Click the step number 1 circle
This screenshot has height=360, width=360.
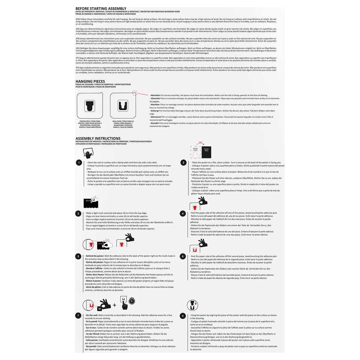coord(79,163)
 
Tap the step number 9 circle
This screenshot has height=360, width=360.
coord(183,316)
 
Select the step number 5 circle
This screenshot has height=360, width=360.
coord(78,256)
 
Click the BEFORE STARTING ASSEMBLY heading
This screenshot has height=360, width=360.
coord(101,9)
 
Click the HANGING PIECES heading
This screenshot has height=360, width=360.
coord(90,81)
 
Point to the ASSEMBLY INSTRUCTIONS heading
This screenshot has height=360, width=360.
coord(98,139)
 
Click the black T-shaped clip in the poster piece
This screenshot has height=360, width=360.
coord(90,106)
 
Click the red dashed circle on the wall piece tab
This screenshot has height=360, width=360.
coord(135,93)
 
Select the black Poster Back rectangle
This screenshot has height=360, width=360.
coord(206,152)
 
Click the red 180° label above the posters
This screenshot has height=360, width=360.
coord(201,143)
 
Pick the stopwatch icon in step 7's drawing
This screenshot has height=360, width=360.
coord(132,301)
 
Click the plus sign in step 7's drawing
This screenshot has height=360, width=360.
coord(115,305)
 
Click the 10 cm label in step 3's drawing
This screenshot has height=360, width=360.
coord(88,200)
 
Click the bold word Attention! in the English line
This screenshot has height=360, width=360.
coord(155,95)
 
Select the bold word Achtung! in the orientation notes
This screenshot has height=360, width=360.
coord(155,111)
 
